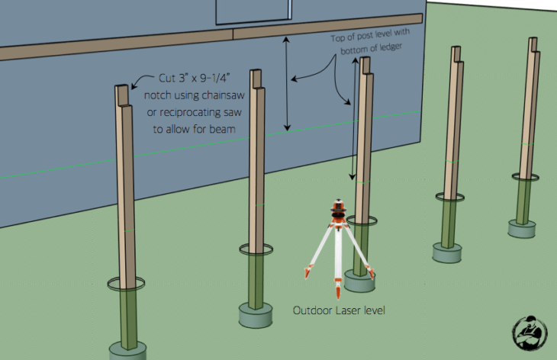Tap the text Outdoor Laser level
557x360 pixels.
(339, 310)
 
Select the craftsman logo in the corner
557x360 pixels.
(530, 333)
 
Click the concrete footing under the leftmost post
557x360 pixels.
(127, 351)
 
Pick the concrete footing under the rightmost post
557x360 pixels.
(521, 229)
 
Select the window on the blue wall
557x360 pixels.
(253, 11)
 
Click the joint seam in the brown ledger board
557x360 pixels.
(233, 34)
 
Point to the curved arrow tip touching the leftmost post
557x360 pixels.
(133, 88)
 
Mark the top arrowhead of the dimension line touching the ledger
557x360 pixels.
(286, 39)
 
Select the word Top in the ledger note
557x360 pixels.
(336, 38)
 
